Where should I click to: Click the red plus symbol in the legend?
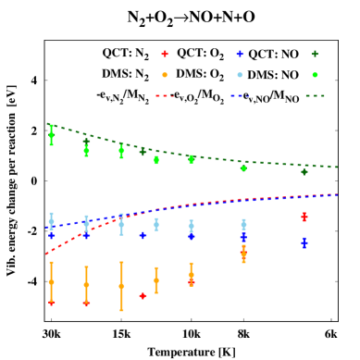click(x=165, y=54)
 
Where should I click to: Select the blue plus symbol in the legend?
click(x=240, y=54)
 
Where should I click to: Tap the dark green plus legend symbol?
click(x=315, y=54)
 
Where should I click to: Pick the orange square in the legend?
click(x=165, y=75)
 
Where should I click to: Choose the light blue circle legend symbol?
click(x=240, y=75)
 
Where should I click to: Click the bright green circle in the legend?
click(x=315, y=75)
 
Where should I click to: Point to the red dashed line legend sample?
click(x=165, y=95)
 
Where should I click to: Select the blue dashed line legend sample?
click(x=240, y=95)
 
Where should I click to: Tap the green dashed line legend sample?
click(x=315, y=95)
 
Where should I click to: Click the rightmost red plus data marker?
click(x=304, y=217)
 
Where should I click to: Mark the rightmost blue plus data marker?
click(x=304, y=242)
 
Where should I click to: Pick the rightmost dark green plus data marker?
click(x=304, y=171)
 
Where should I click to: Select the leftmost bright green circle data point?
click(x=51, y=135)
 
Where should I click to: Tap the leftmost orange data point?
click(x=51, y=282)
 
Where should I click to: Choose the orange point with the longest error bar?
click(x=121, y=286)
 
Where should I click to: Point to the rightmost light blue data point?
click(x=243, y=224)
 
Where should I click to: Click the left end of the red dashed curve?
click(x=46, y=254)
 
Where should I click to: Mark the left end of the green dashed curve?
click(x=46, y=124)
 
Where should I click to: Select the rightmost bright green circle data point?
click(x=243, y=168)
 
